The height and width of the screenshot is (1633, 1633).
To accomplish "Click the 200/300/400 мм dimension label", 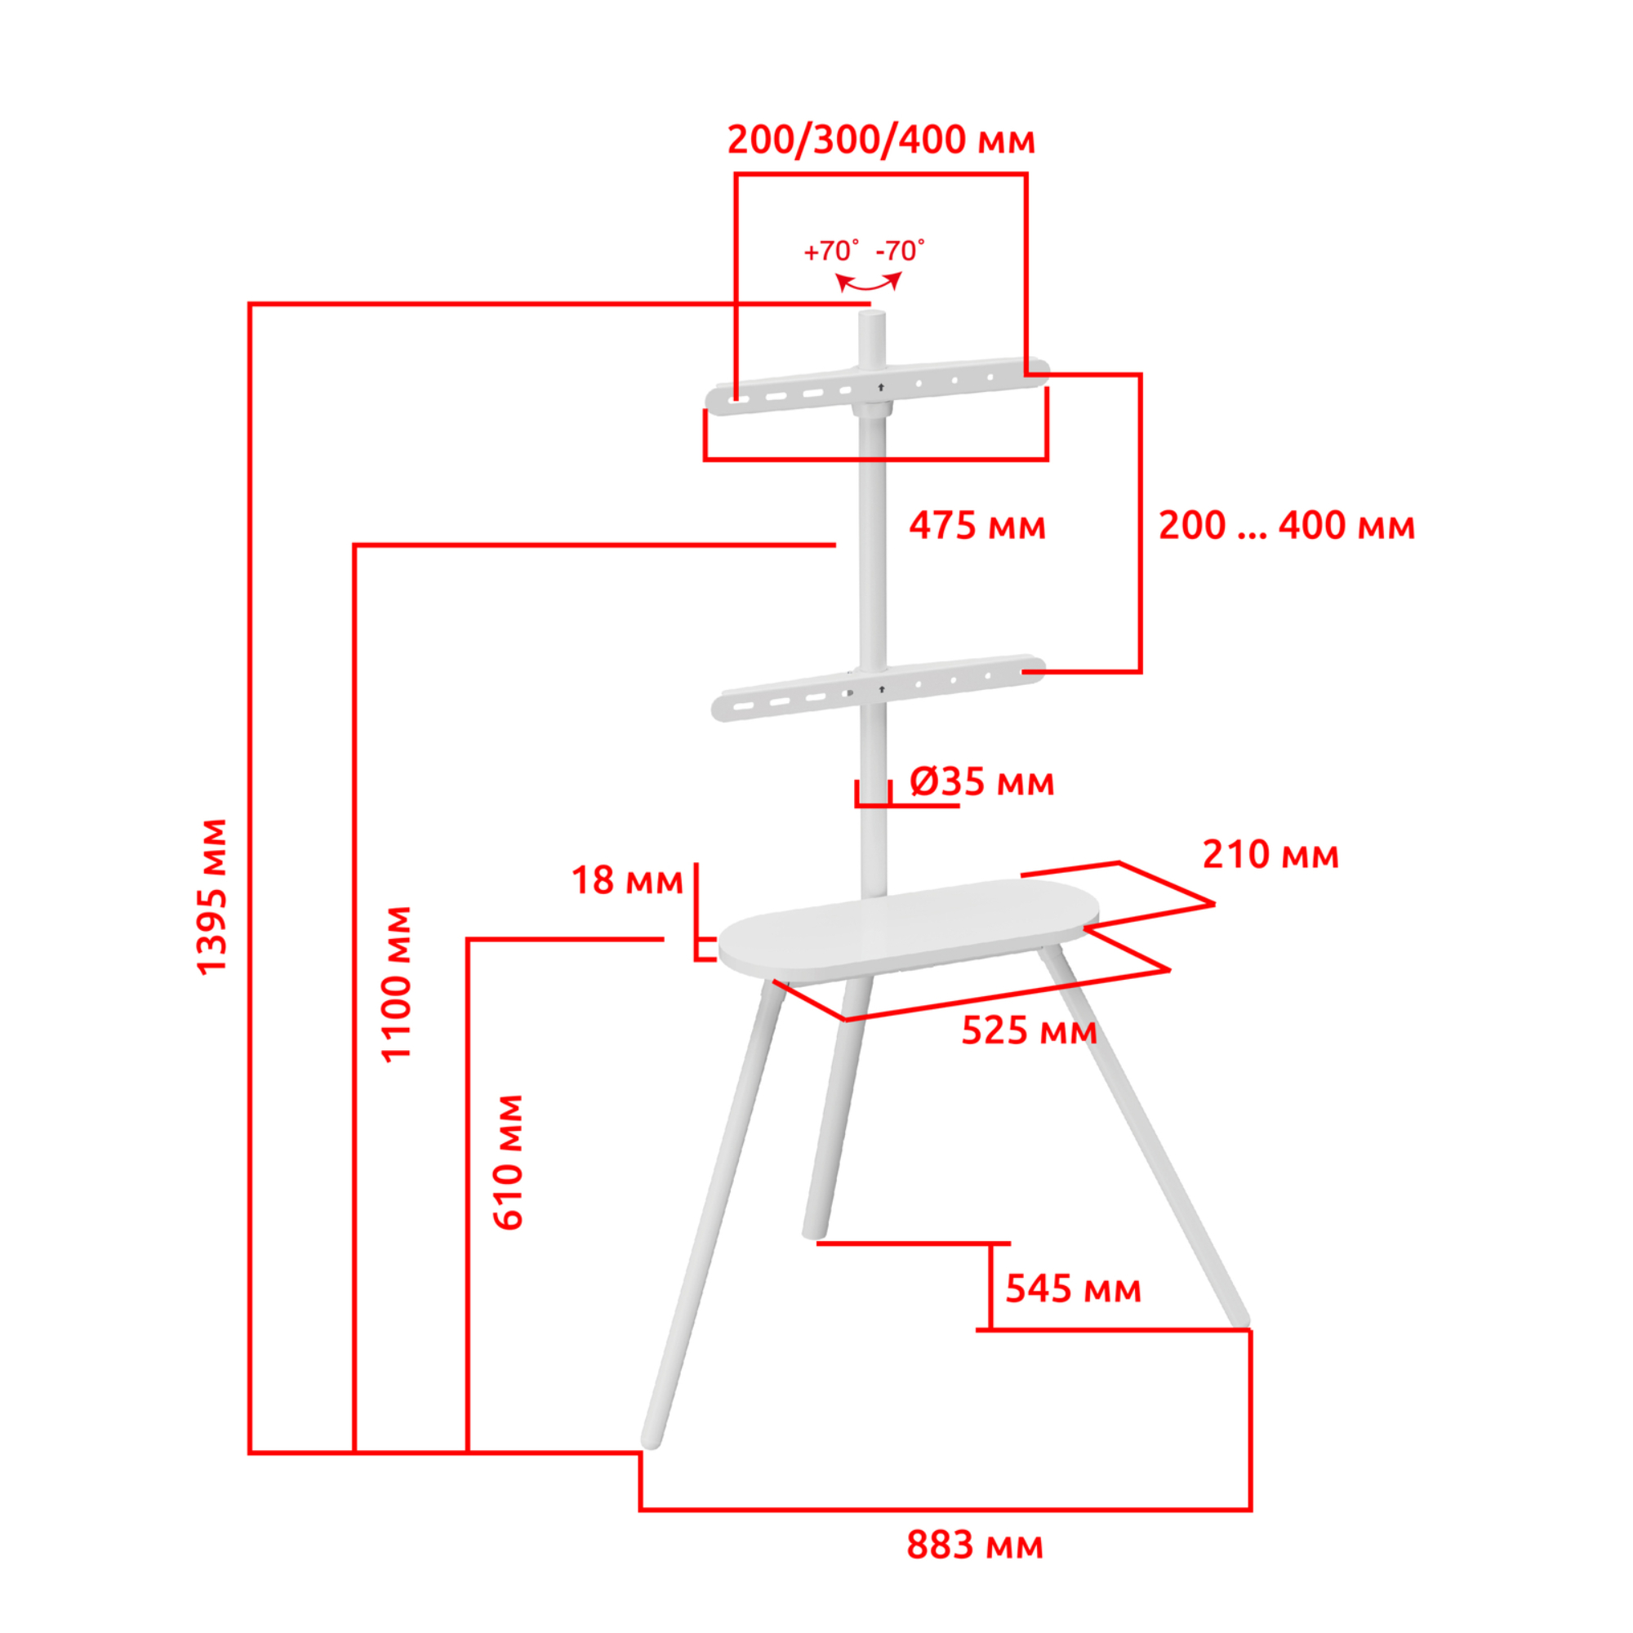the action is (881, 140).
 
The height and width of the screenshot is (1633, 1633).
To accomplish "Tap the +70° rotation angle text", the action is (832, 251).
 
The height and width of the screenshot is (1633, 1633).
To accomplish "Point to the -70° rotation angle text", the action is (900, 251).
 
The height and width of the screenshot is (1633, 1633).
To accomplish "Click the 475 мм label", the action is (977, 526).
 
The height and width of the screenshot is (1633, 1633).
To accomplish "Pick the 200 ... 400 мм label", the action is (1287, 526).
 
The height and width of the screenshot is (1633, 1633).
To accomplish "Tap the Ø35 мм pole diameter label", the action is (982, 782).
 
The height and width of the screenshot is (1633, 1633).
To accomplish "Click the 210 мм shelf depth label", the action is (1270, 855).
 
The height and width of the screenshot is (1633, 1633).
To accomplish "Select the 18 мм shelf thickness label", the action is (627, 881).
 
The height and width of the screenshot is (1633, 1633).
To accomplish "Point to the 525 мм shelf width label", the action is (1030, 1030).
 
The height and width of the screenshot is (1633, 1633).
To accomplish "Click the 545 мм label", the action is (1074, 1288).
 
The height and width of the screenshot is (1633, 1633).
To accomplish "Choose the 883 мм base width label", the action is (975, 1545).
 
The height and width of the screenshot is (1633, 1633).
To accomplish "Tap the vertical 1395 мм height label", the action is (211, 897).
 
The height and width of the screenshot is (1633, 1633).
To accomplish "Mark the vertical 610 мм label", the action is (508, 1162).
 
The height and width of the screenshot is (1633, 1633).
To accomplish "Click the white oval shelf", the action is (909, 927).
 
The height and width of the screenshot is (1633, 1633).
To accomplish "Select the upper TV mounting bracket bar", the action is (878, 387).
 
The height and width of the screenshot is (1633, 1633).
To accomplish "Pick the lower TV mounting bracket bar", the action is (879, 688).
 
